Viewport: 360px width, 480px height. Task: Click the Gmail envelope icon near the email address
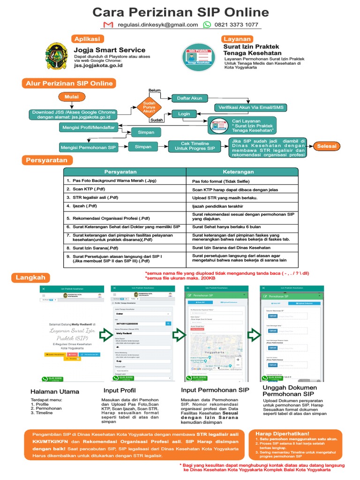pyautogui.click(x=108, y=25)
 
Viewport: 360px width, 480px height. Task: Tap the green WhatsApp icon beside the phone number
pyautogui.click(x=207, y=25)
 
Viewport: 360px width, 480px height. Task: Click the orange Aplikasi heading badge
pyautogui.click(x=87, y=39)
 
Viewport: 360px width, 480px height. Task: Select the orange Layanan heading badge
pyautogui.click(x=237, y=39)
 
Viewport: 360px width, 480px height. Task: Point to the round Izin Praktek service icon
pyautogui.click(x=198, y=57)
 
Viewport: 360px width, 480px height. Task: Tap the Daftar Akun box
pyautogui.click(x=190, y=98)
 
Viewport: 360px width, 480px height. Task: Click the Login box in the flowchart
pyautogui.click(x=184, y=114)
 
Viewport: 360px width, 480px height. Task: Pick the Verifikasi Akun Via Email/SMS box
pyautogui.click(x=250, y=107)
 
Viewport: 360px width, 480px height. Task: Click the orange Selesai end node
pyautogui.click(x=327, y=146)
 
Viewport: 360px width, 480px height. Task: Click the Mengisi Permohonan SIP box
pyautogui.click(x=88, y=147)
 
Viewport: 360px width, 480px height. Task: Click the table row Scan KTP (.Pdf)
pyautogui.click(x=125, y=189)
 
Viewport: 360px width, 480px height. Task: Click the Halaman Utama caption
pyautogui.click(x=55, y=391)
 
